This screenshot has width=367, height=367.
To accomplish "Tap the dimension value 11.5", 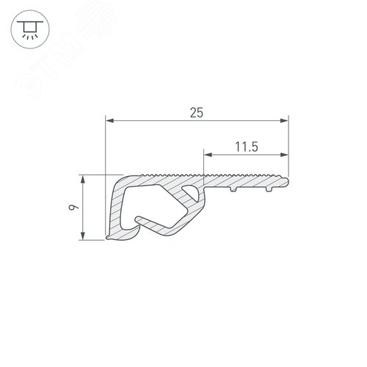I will click(x=245, y=146).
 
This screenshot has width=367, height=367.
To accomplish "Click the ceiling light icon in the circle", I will click(x=29, y=29).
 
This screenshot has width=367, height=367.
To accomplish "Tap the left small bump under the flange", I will click(x=232, y=189).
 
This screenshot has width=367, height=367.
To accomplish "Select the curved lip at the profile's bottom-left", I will click(x=121, y=236).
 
